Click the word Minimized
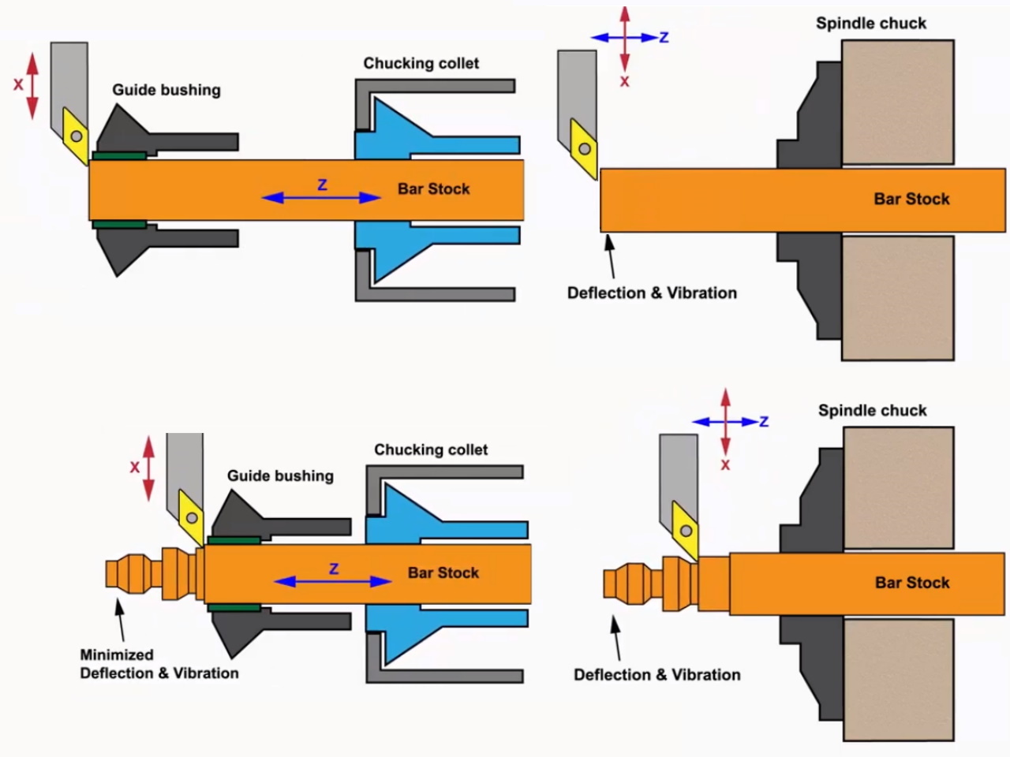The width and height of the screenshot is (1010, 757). pyautogui.click(x=117, y=654)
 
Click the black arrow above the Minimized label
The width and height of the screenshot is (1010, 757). pyautogui.click(x=120, y=620)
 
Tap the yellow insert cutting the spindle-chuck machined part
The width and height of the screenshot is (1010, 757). pyautogui.click(x=685, y=530)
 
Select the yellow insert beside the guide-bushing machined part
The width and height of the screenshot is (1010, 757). pyautogui.click(x=191, y=517)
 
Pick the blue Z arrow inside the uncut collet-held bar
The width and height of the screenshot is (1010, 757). pyautogui.click(x=321, y=197)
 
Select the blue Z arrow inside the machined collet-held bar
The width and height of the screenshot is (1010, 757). pyautogui.click(x=332, y=581)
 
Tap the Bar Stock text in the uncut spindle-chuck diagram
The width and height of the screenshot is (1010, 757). pyautogui.click(x=911, y=199)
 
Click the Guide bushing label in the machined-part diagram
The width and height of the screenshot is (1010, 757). pyautogui.click(x=280, y=475)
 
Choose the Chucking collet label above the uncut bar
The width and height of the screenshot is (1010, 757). pyautogui.click(x=421, y=63)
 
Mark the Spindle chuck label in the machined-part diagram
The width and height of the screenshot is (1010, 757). pyautogui.click(x=872, y=410)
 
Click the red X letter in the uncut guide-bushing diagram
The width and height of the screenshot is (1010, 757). pyautogui.click(x=18, y=84)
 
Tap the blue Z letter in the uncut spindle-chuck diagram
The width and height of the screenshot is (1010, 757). pyautogui.click(x=664, y=37)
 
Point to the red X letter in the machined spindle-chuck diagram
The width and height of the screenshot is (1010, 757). pyautogui.click(x=725, y=465)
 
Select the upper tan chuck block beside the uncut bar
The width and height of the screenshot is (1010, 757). pyautogui.click(x=897, y=102)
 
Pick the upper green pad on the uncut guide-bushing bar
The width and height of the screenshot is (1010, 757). pyautogui.click(x=118, y=155)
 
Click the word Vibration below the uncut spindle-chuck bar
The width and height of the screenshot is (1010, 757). pyautogui.click(x=701, y=293)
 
